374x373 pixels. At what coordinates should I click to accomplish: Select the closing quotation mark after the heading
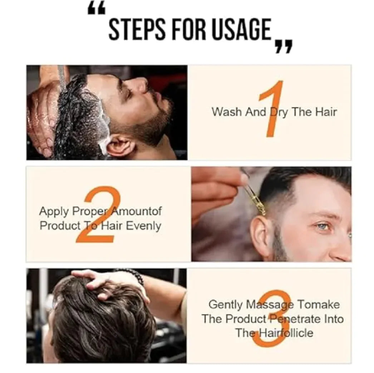pyautogui.click(x=284, y=46)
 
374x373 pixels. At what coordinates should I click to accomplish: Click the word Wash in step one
pyautogui.click(x=227, y=112)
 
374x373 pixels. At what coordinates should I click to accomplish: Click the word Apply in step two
pyautogui.click(x=54, y=212)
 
